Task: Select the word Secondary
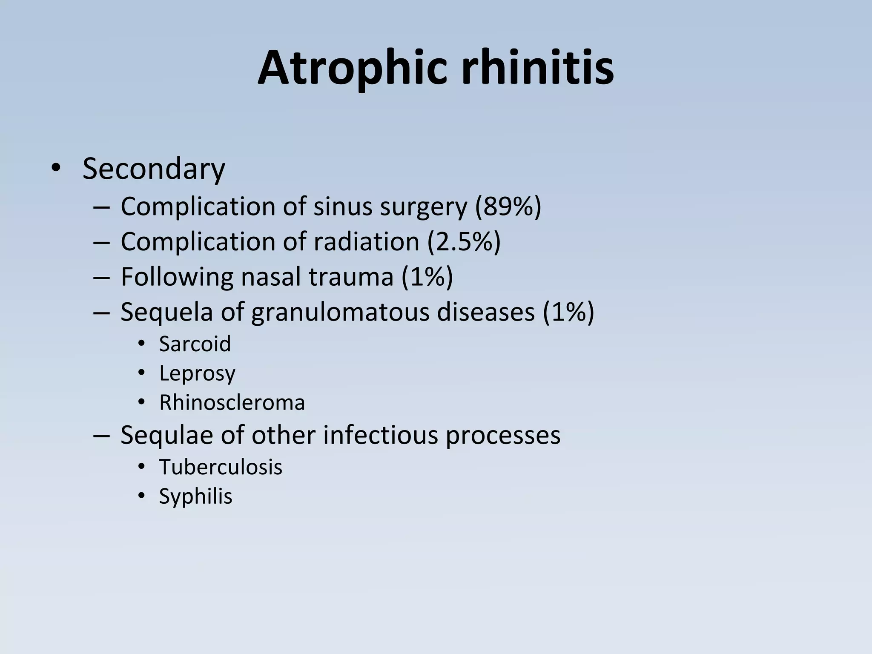[x=154, y=169]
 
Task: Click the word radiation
[x=367, y=242]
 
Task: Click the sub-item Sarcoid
[x=195, y=344]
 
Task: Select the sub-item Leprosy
[x=197, y=374]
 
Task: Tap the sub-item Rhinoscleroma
[x=232, y=403]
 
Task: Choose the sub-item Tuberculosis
[x=221, y=467]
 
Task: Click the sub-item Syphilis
[x=196, y=496]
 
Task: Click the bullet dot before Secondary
[x=55, y=169]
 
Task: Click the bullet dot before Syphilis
[x=142, y=496]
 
